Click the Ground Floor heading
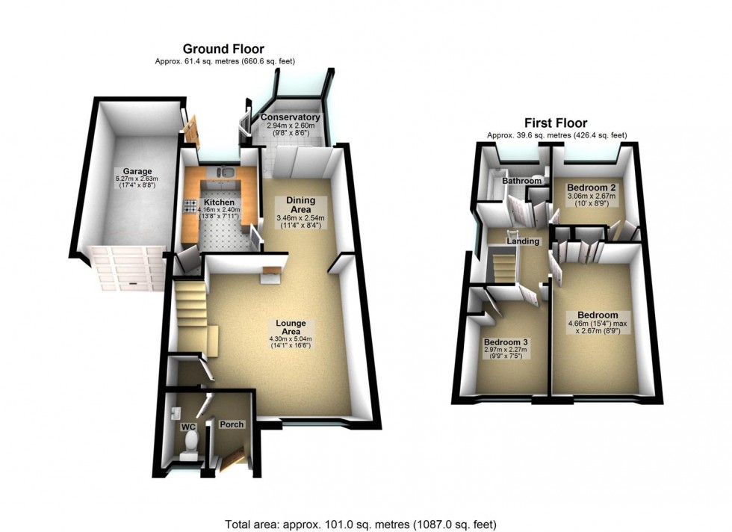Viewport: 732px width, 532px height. [x=223, y=49]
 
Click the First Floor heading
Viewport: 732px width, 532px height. [x=556, y=123]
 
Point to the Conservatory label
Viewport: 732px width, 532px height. [x=291, y=118]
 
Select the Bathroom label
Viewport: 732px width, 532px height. [x=521, y=181]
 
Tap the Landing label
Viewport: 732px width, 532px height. [x=523, y=241]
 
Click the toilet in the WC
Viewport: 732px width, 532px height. [x=191, y=445]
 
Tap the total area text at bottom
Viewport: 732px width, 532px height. [x=361, y=524]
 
